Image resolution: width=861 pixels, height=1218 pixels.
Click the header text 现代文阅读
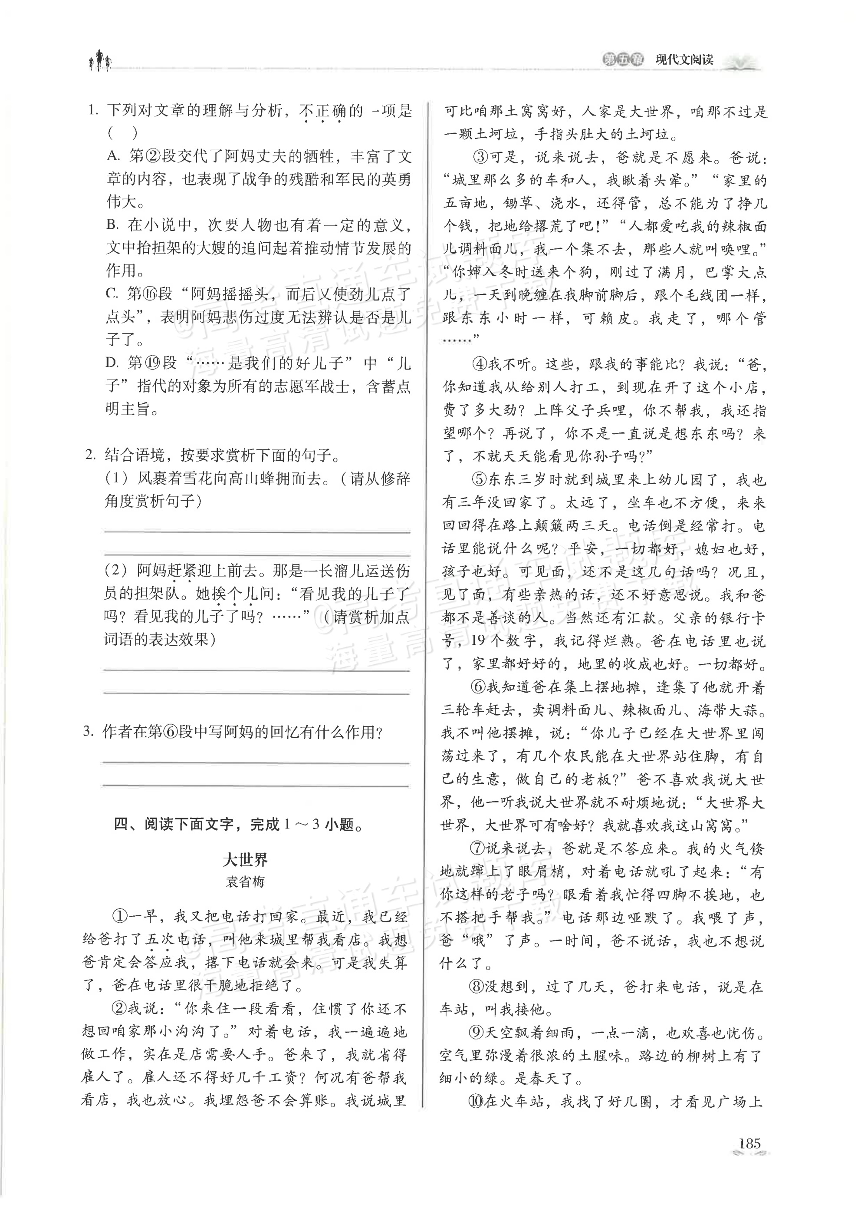click(684, 59)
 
